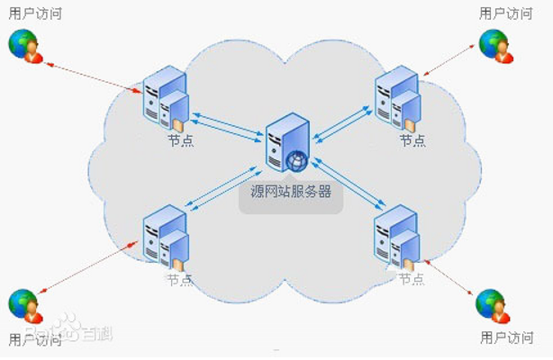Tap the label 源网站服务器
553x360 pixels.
(x=291, y=192)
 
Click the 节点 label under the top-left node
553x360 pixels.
(x=180, y=140)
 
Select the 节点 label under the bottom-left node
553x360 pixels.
(x=178, y=279)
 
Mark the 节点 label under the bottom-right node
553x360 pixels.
(x=412, y=279)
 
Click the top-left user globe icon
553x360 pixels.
(x=25, y=46)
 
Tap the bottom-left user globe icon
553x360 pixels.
(x=25, y=306)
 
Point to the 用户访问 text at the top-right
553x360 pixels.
(x=506, y=13)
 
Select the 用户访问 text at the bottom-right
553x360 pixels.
(x=506, y=338)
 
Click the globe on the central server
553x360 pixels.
(x=296, y=160)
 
